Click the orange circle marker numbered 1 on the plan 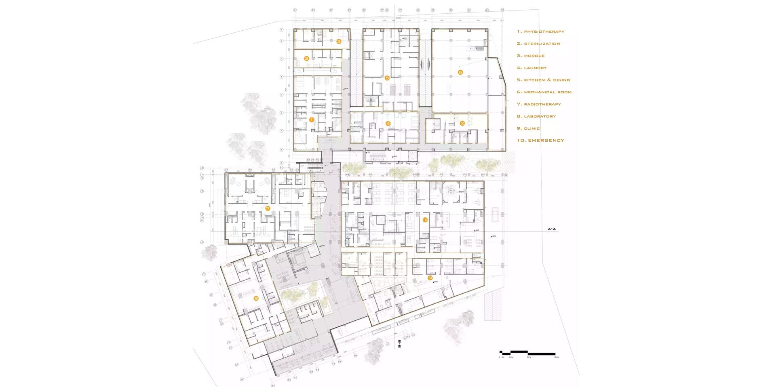[x=311, y=120]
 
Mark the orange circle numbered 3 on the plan [x=339, y=41]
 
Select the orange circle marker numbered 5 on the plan [x=387, y=78]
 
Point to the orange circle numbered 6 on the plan [x=460, y=72]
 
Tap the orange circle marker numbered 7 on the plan [x=268, y=208]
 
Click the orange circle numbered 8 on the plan [x=256, y=299]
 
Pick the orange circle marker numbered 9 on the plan [x=430, y=278]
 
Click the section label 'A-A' [x=552, y=229]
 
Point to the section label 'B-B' [x=399, y=344]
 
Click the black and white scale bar [x=527, y=353]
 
